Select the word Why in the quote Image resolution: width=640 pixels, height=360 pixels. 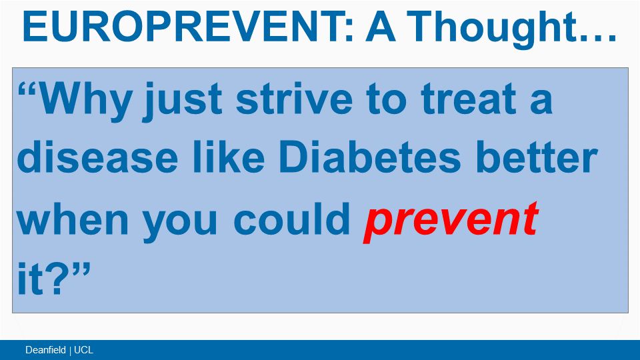tap(86, 101)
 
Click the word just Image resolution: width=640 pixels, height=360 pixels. tap(182, 101)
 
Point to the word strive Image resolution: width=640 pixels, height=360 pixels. tap(294, 99)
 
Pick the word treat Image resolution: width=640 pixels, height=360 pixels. tap(468, 99)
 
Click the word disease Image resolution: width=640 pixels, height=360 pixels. tap(97, 157)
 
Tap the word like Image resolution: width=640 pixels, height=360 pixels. tap(229, 157)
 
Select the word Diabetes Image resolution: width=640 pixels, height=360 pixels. tap(370, 157)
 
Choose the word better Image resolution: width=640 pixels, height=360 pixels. tap(537, 157)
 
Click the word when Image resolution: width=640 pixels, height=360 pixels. tap(72, 219)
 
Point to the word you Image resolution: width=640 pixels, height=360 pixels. tap(180, 223)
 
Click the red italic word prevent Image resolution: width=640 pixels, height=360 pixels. tap(451, 223)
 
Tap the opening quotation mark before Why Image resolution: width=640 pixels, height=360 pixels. tap(28, 90)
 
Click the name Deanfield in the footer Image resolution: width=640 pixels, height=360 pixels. tap(45, 350)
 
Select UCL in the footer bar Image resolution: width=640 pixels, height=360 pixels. tap(84, 350)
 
